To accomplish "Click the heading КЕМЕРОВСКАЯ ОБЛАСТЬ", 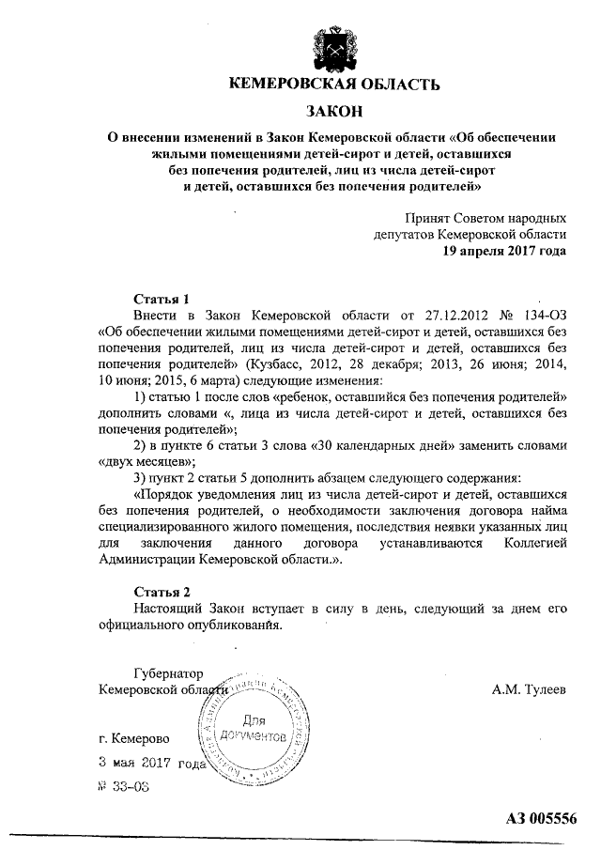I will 334,86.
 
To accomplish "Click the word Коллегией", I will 528,543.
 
